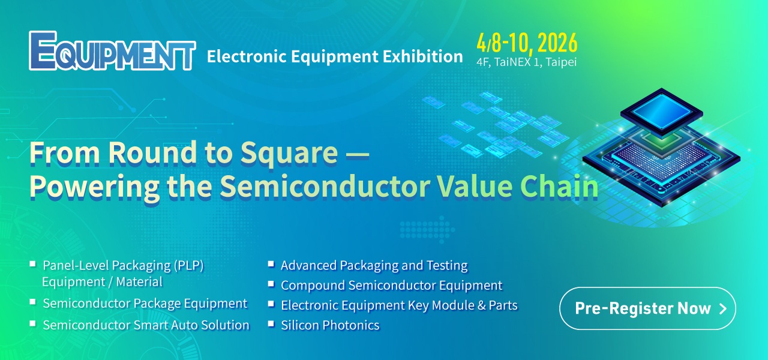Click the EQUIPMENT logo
point(112,51)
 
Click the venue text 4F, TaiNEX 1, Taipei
point(527,62)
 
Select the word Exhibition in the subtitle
point(423,56)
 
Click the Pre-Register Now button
point(647,308)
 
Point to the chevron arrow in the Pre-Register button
point(723,309)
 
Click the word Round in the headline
point(152,152)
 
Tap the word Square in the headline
point(289,154)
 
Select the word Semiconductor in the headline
point(325,186)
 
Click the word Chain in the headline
point(559,186)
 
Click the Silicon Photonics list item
point(330,325)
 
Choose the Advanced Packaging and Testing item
point(374,266)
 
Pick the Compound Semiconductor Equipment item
point(392,285)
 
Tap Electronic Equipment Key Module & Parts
point(399,305)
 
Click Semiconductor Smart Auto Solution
point(146,325)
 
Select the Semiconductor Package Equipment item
point(145,304)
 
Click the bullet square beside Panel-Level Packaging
point(33,263)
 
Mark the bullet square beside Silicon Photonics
point(271,323)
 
